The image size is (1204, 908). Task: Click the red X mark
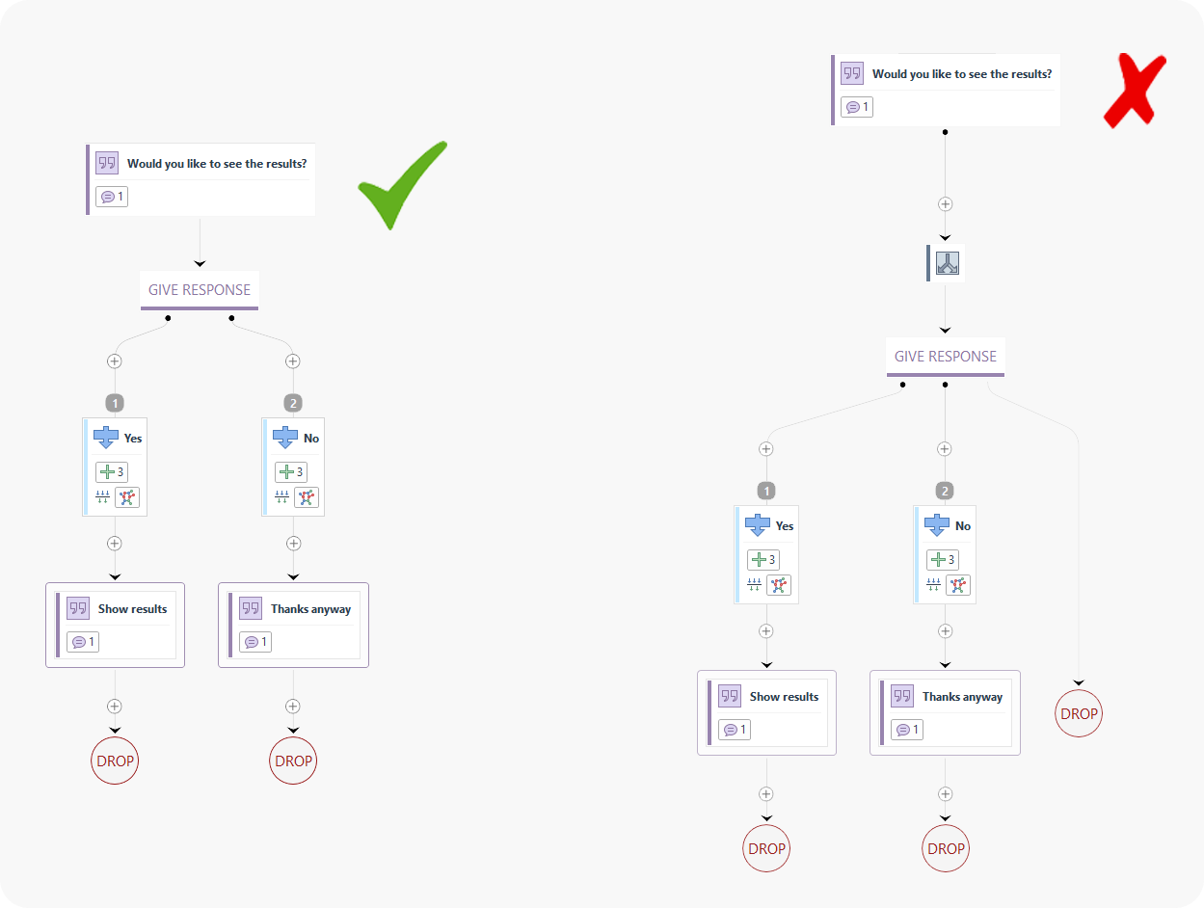point(1135,91)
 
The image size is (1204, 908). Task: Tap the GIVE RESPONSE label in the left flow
point(200,290)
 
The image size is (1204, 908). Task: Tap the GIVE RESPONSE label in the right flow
point(946,357)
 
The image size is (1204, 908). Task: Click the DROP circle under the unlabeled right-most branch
point(1079,714)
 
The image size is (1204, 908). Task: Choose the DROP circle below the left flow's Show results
point(115,761)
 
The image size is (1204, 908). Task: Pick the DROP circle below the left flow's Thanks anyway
point(293,761)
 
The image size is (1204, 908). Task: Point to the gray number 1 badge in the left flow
point(115,403)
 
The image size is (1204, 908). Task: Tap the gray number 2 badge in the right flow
point(945,491)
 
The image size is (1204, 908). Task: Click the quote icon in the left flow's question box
point(107,163)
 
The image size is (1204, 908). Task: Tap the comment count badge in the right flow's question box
point(857,107)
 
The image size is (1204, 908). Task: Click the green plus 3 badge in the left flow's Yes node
point(112,472)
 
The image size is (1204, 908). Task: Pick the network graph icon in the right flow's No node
point(958,585)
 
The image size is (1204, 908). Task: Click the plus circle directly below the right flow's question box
point(946,204)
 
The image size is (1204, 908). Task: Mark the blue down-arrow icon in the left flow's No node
point(285,438)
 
